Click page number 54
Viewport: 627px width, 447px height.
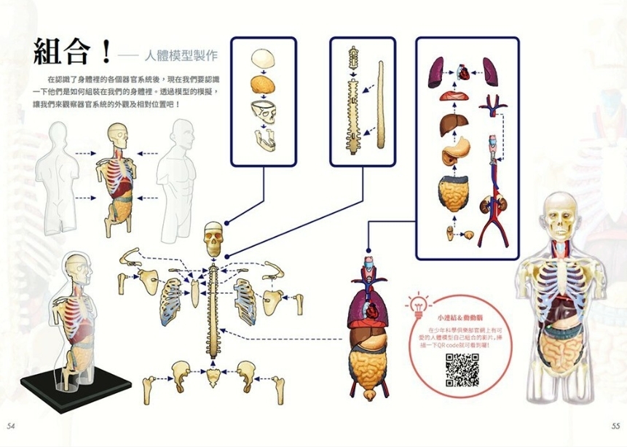pos(10,425)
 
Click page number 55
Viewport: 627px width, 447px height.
pos(615,425)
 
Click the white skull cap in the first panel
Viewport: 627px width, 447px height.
pos(262,58)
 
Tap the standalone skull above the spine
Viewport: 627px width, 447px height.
pos(213,238)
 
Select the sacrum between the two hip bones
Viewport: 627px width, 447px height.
pos(213,376)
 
